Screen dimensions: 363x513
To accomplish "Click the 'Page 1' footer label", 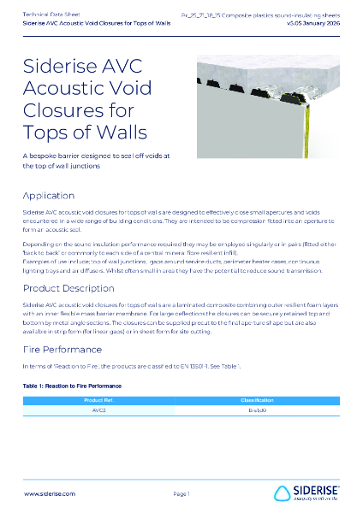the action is (181, 494).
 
